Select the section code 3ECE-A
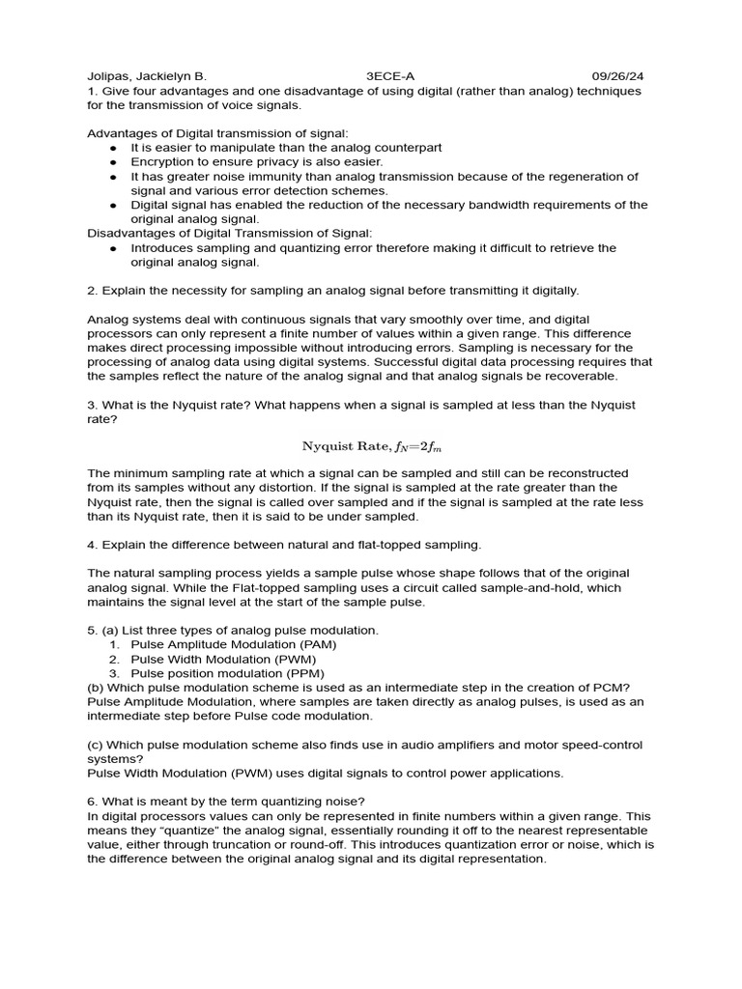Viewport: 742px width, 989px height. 391,75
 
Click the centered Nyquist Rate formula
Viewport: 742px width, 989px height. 372,445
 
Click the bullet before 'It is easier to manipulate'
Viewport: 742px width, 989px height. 113,148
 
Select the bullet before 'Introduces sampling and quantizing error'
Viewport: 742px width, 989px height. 113,248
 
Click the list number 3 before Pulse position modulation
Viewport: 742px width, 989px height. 113,673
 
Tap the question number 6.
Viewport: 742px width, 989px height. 91,802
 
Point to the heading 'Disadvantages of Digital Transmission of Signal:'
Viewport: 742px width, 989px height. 229,233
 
